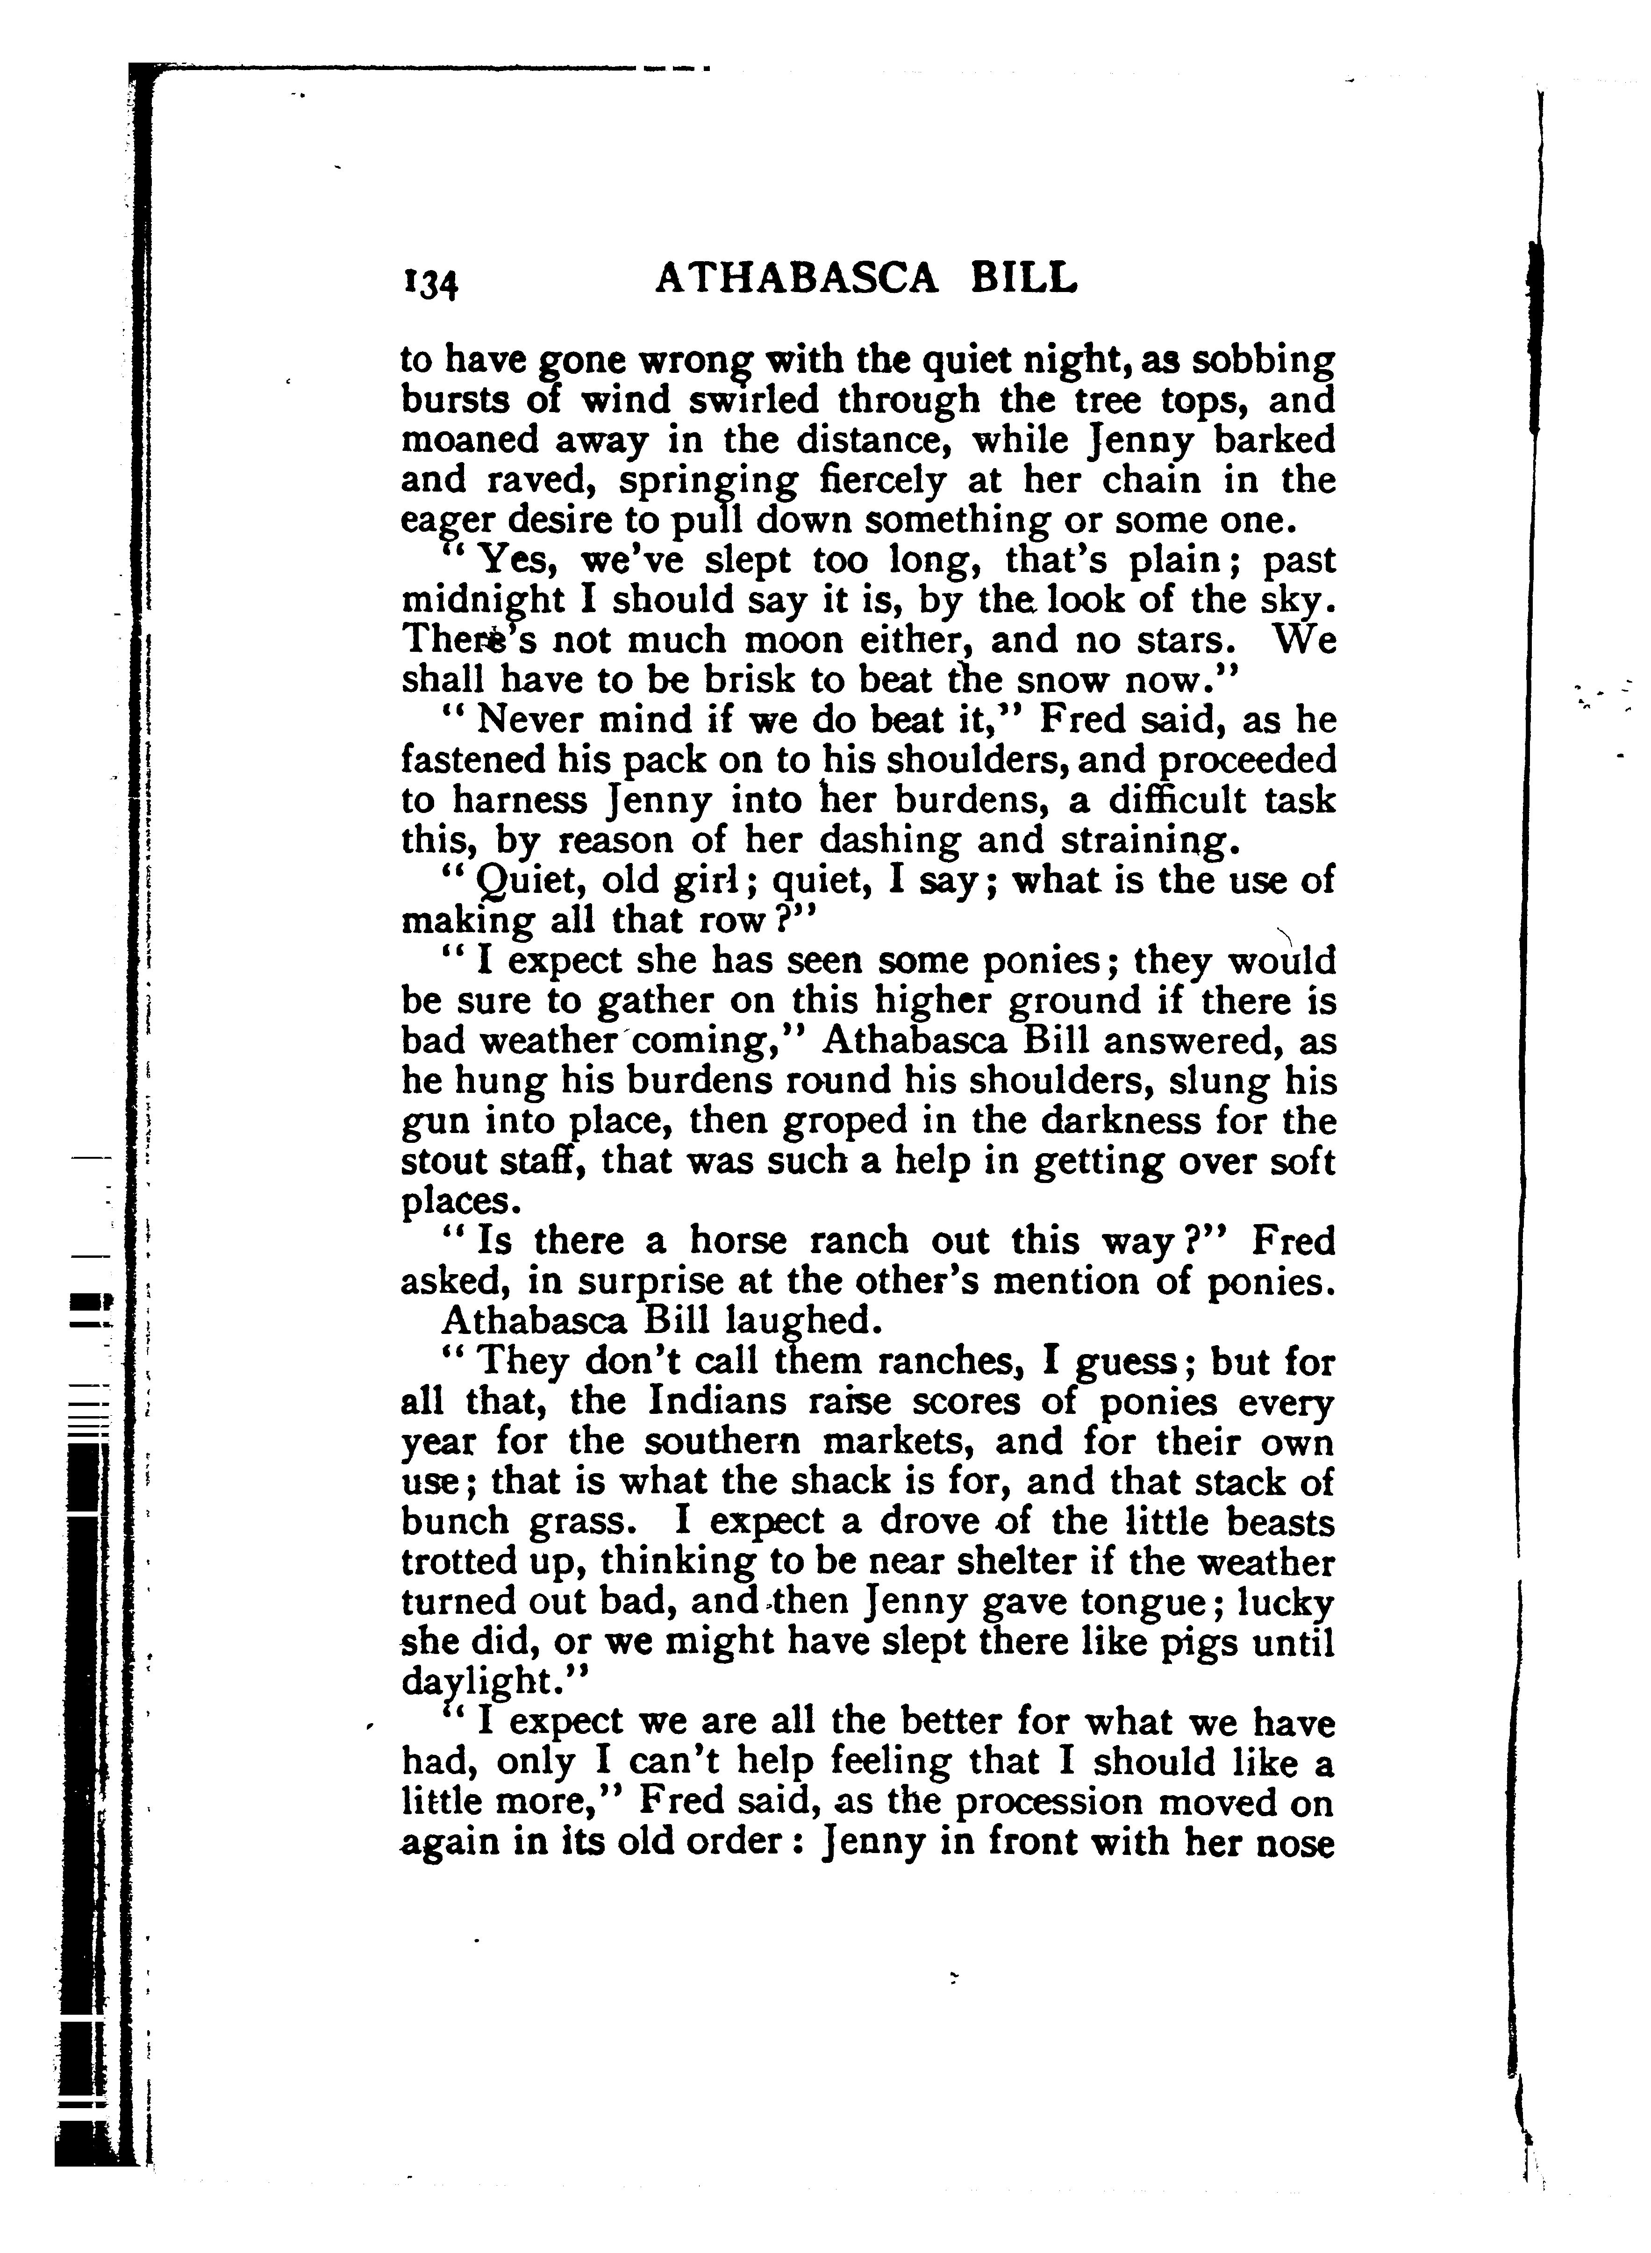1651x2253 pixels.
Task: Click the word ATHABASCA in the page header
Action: click(796, 280)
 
